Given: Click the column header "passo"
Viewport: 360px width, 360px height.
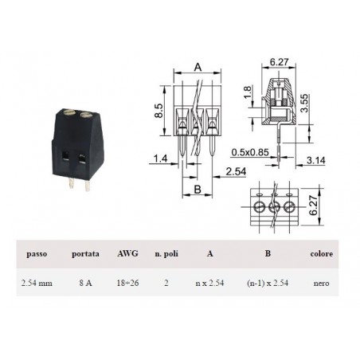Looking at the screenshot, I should click(37, 254).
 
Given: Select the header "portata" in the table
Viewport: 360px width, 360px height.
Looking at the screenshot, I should click(84, 254).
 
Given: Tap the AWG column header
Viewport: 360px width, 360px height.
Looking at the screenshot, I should click(127, 254).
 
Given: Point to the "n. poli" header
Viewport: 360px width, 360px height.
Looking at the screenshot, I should click(166, 254).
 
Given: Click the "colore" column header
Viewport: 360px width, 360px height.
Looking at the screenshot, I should click(321, 254).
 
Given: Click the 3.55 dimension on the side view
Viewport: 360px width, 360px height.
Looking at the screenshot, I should click(316, 103).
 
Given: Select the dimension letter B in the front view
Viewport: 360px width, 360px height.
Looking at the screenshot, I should click(196, 190).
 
